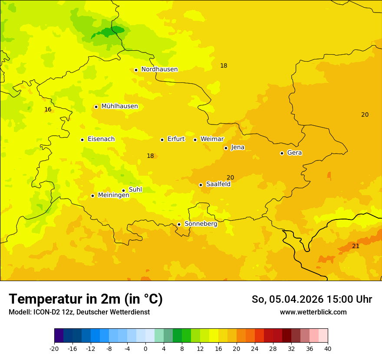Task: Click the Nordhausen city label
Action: click(159, 69)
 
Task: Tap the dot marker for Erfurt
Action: click(162, 140)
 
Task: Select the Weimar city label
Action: click(212, 139)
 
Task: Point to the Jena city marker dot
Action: click(226, 148)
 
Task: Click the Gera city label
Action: click(294, 153)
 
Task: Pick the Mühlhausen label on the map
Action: click(119, 106)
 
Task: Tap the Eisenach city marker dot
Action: click(82, 140)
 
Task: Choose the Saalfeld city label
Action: click(218, 184)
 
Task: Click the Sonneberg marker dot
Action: click(179, 224)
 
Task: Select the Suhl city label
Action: click(135, 190)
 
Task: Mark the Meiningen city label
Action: click(113, 195)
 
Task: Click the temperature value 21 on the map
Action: click(356, 246)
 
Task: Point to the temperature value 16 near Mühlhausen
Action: click(48, 109)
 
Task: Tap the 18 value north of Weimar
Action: click(224, 65)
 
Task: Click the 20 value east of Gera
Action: click(365, 115)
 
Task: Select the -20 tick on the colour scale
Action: click(54, 348)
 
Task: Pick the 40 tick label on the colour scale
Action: click(328, 348)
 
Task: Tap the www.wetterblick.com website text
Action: click(313, 312)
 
